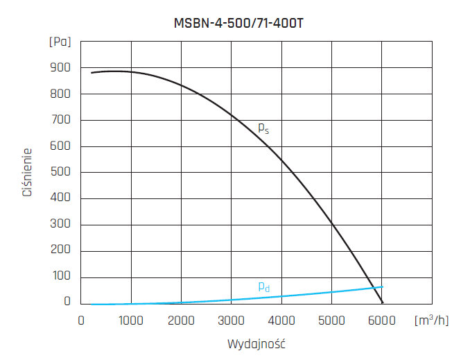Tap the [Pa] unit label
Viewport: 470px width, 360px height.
pyautogui.click(x=60, y=42)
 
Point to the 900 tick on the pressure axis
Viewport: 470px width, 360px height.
pyautogui.click(x=60, y=68)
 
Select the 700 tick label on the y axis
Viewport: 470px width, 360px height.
pyautogui.click(x=60, y=120)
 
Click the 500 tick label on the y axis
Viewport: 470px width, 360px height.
pyautogui.click(x=60, y=172)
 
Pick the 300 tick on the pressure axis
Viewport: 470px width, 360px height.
pyautogui.click(x=60, y=225)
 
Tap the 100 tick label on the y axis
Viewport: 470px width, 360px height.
pyautogui.click(x=60, y=277)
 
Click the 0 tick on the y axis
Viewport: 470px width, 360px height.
pyautogui.click(x=67, y=302)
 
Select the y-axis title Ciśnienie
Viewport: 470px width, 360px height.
pyautogui.click(x=28, y=171)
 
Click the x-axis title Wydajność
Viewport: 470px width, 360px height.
pyautogui.click(x=256, y=343)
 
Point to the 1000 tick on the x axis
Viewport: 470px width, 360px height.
pyautogui.click(x=130, y=320)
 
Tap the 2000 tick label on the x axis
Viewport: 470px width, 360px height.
pyautogui.click(x=180, y=320)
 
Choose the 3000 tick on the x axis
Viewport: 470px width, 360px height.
pyautogui.click(x=231, y=320)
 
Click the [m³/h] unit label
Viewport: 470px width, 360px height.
pyautogui.click(x=431, y=320)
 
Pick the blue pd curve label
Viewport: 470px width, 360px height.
pyautogui.click(x=263, y=286)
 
